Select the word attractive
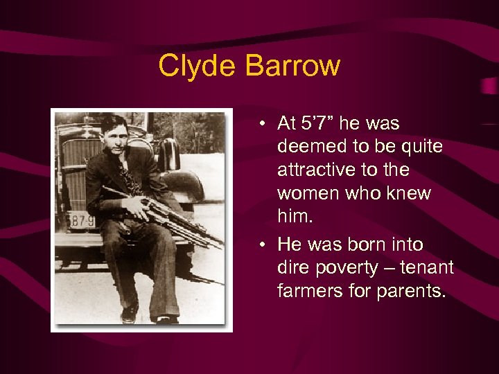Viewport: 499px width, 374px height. (314, 170)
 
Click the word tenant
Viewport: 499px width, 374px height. (428, 268)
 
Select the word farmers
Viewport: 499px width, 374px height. (309, 292)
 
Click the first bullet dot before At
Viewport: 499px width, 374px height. (265, 124)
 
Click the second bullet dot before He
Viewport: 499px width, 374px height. (265, 245)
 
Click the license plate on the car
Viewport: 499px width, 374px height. (79, 220)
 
